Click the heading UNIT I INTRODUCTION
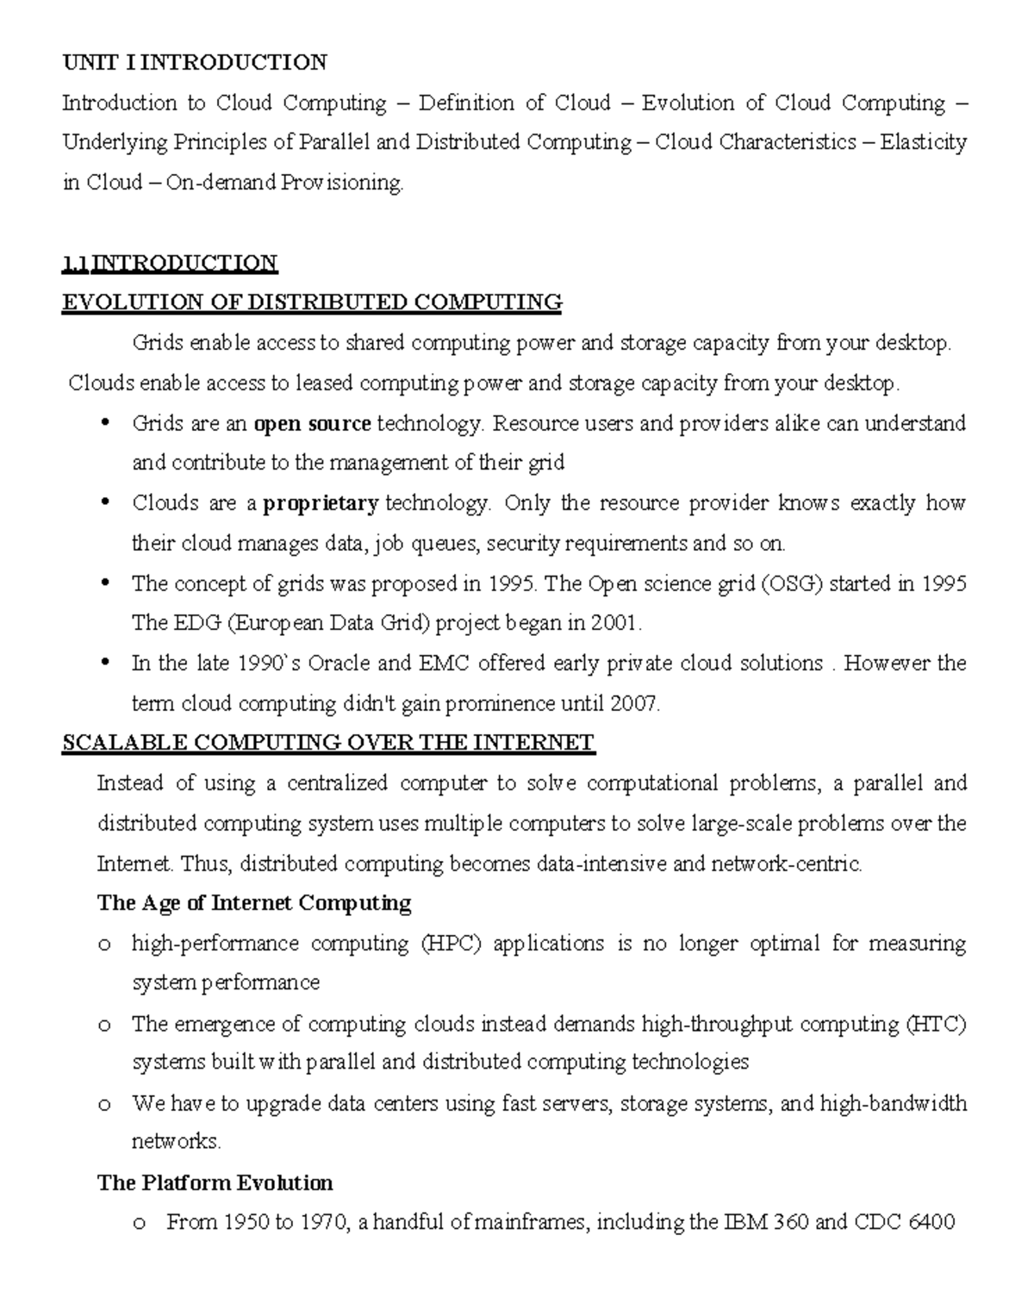pyautogui.click(x=194, y=63)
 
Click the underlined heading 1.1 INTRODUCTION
pyautogui.click(x=170, y=263)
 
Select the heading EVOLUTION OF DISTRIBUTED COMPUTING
pyautogui.click(x=311, y=302)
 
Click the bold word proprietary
pyautogui.click(x=321, y=504)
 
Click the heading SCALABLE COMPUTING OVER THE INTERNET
pyautogui.click(x=327, y=744)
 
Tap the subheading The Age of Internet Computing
pyautogui.click(x=254, y=903)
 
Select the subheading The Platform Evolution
pyautogui.click(x=215, y=1183)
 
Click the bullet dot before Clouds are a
pyautogui.click(x=106, y=502)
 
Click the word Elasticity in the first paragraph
pyautogui.click(x=923, y=143)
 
